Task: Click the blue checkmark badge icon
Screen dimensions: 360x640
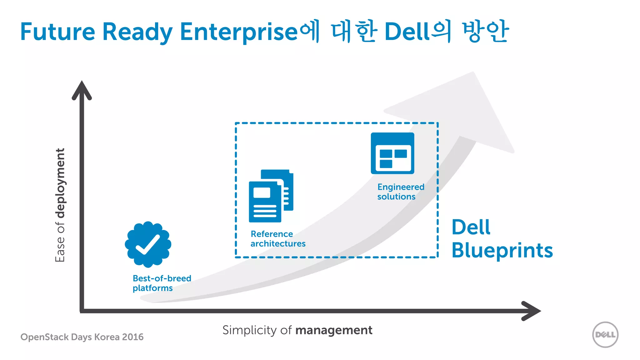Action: pyautogui.click(x=148, y=244)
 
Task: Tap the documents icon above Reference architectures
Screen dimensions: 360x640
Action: pyautogui.click(x=271, y=196)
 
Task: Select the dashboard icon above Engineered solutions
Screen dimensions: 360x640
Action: pyautogui.click(x=392, y=153)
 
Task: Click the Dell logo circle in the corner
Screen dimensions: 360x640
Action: pyautogui.click(x=605, y=335)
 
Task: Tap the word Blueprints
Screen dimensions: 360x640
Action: pyautogui.click(x=502, y=251)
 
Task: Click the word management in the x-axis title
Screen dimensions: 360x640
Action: pyautogui.click(x=334, y=330)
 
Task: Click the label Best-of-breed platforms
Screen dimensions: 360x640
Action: pyautogui.click(x=162, y=283)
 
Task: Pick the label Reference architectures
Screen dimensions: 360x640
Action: pyautogui.click(x=278, y=239)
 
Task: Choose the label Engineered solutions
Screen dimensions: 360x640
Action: pyautogui.click(x=401, y=192)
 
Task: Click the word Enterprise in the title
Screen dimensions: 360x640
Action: pyautogui.click(x=239, y=32)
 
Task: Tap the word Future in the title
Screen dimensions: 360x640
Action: pyautogui.click(x=57, y=32)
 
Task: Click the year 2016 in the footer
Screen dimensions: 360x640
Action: pyautogui.click(x=133, y=337)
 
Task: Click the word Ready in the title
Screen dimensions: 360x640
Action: pyautogui.click(x=137, y=32)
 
